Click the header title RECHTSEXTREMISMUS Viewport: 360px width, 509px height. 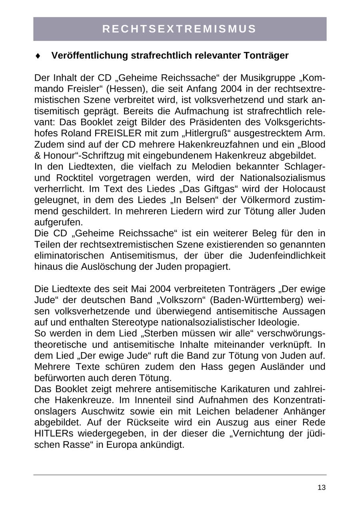coord(180,29)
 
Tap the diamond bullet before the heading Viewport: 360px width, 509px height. coord(38,56)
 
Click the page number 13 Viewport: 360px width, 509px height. coord(321,487)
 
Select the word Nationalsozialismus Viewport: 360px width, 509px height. coord(282,178)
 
